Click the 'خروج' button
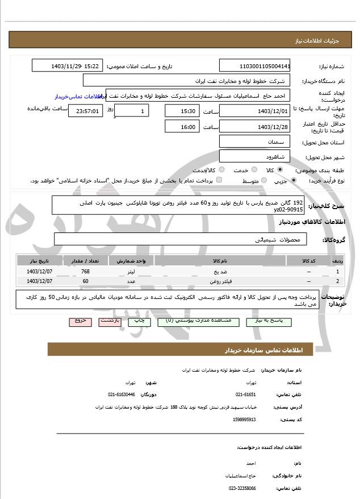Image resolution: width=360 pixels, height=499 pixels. pos(80,321)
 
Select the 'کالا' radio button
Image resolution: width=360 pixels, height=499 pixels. pos(280,170)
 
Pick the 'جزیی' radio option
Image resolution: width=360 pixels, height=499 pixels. pos(293,181)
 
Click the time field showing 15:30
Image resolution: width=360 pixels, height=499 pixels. pos(182,111)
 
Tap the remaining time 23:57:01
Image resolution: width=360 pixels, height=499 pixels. pos(85,111)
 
